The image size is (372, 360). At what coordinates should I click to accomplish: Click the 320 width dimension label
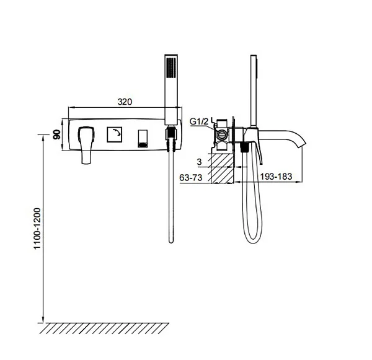(x=125, y=102)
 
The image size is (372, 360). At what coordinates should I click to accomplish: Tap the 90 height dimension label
(x=56, y=134)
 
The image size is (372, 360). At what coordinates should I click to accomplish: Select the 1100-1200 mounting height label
(x=37, y=229)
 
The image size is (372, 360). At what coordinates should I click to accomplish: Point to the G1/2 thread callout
(x=199, y=121)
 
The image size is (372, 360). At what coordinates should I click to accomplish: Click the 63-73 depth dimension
(x=191, y=177)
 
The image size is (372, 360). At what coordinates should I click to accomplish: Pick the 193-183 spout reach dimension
(x=276, y=177)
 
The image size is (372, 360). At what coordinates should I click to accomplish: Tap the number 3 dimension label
(x=199, y=162)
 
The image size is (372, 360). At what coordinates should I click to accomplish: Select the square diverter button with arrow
(x=115, y=134)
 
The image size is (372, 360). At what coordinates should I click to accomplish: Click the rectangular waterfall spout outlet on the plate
(x=143, y=139)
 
